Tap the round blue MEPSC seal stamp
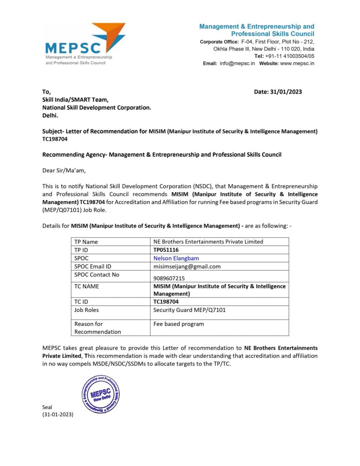[x=101, y=394]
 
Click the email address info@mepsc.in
[x=237, y=63]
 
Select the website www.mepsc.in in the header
[x=297, y=63]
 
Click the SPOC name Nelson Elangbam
[x=176, y=258]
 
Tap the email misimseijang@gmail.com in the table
[x=187, y=266]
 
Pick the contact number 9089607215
[x=169, y=278]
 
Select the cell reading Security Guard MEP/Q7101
[x=189, y=310]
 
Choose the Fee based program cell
[x=178, y=324]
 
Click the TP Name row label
[x=86, y=242]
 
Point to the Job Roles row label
[x=86, y=310]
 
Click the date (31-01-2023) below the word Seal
[x=57, y=414]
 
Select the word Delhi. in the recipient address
[x=50, y=115]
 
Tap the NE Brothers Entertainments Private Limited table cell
[x=208, y=242]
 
